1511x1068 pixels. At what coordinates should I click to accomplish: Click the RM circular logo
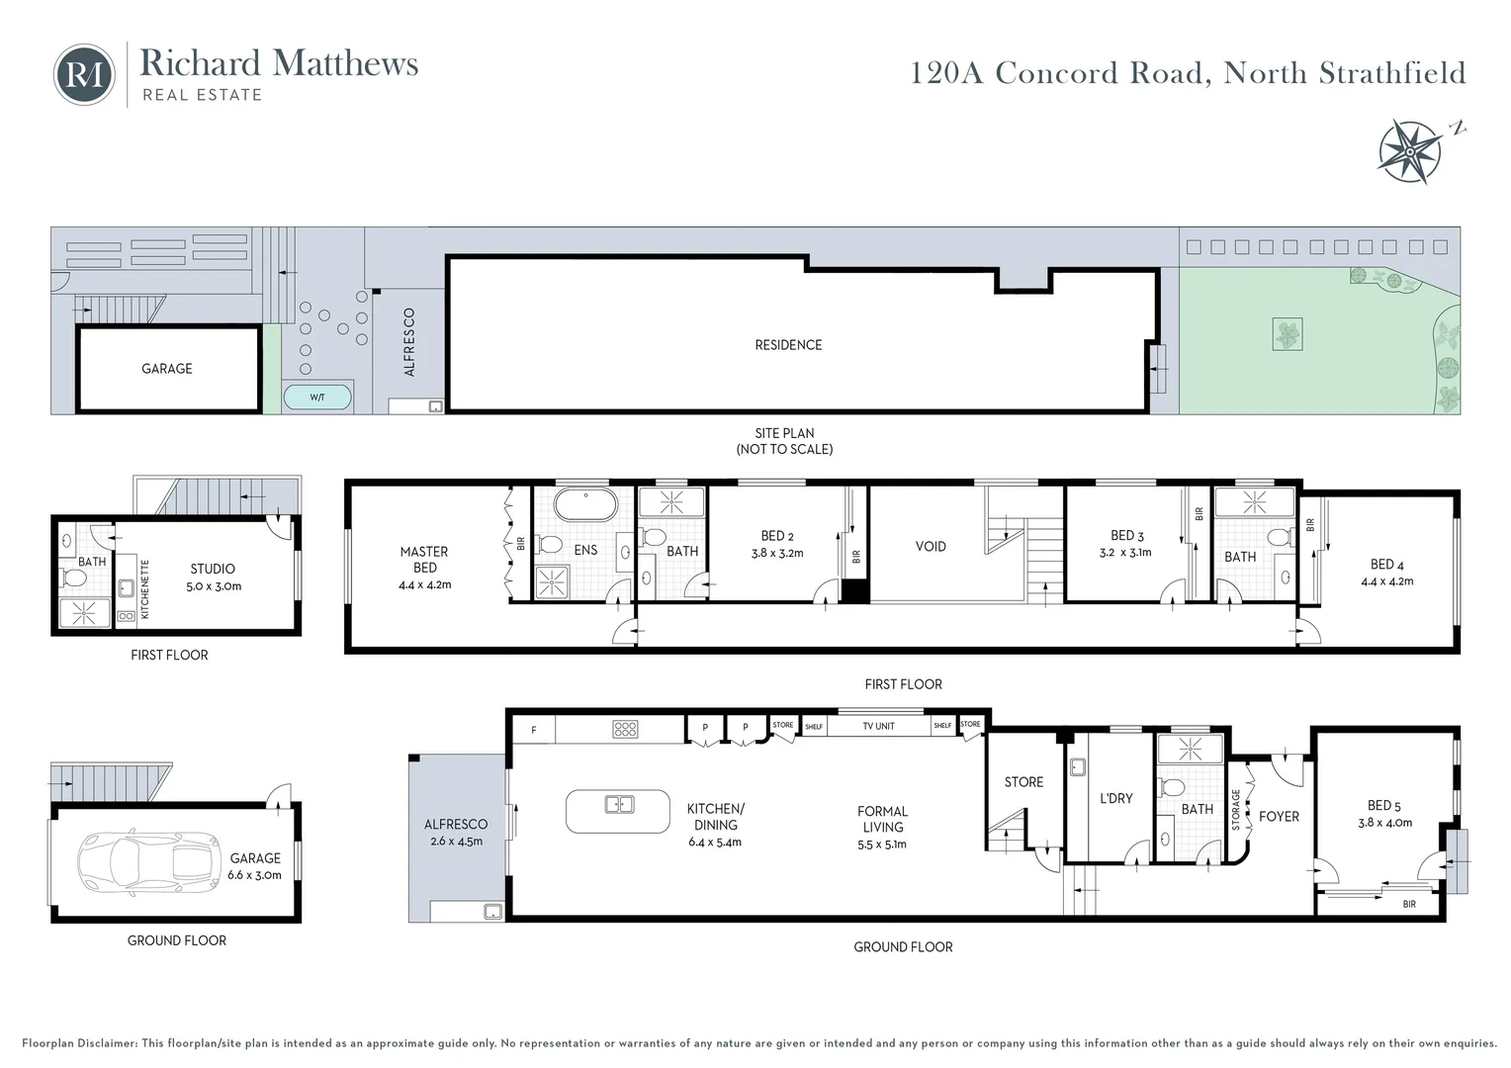pyautogui.click(x=84, y=74)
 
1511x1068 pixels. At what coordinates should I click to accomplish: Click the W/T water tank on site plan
pyautogui.click(x=317, y=398)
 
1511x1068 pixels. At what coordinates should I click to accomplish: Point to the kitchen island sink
pyautogui.click(x=619, y=805)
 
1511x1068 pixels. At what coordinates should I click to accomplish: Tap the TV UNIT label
pyautogui.click(x=878, y=726)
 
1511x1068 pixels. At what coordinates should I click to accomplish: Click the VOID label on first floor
pyautogui.click(x=931, y=546)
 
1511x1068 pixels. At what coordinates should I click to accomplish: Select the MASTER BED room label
pyautogui.click(x=424, y=560)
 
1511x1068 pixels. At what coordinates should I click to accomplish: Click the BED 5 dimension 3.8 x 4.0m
pyautogui.click(x=1384, y=823)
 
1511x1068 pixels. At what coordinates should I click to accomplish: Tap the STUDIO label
pyautogui.click(x=213, y=569)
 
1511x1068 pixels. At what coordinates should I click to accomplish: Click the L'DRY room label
pyautogui.click(x=1115, y=798)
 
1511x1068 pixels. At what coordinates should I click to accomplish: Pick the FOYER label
pyautogui.click(x=1279, y=817)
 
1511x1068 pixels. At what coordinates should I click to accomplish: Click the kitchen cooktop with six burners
pyautogui.click(x=625, y=730)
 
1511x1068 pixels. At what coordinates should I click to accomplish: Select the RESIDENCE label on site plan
pyautogui.click(x=788, y=345)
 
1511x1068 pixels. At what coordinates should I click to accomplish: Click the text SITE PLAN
pyautogui.click(x=784, y=433)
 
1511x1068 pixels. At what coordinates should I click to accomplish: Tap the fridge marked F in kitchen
pyautogui.click(x=534, y=731)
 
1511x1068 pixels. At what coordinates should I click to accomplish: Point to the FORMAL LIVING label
pyautogui.click(x=882, y=819)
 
